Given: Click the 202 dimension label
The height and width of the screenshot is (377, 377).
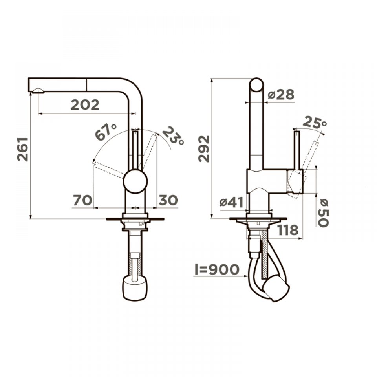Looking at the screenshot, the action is point(85,105).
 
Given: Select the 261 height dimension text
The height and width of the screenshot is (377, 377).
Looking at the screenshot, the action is point(23,149).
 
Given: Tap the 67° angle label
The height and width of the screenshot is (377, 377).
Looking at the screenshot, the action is point(105,132).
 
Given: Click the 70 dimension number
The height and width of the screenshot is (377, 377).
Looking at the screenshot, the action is point(82,200).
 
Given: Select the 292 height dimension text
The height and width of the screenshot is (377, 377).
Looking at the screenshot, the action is point(204,149).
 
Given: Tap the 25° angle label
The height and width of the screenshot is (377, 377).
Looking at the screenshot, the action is point(315,123).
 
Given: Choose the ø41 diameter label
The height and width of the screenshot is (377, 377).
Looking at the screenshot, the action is point(232,203).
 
